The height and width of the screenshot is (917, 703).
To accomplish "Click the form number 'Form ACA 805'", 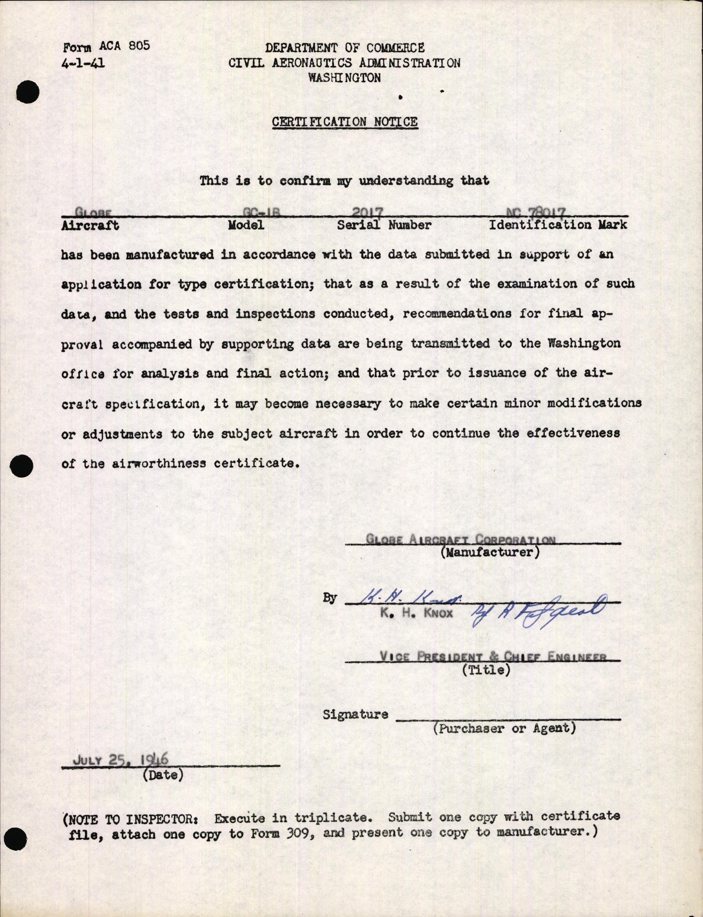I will point(106,47).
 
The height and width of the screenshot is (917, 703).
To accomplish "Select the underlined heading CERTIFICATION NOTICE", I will point(344,122).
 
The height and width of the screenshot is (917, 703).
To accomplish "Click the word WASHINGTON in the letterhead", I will point(344,78).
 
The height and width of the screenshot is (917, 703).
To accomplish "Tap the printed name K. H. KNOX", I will point(416,613).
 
